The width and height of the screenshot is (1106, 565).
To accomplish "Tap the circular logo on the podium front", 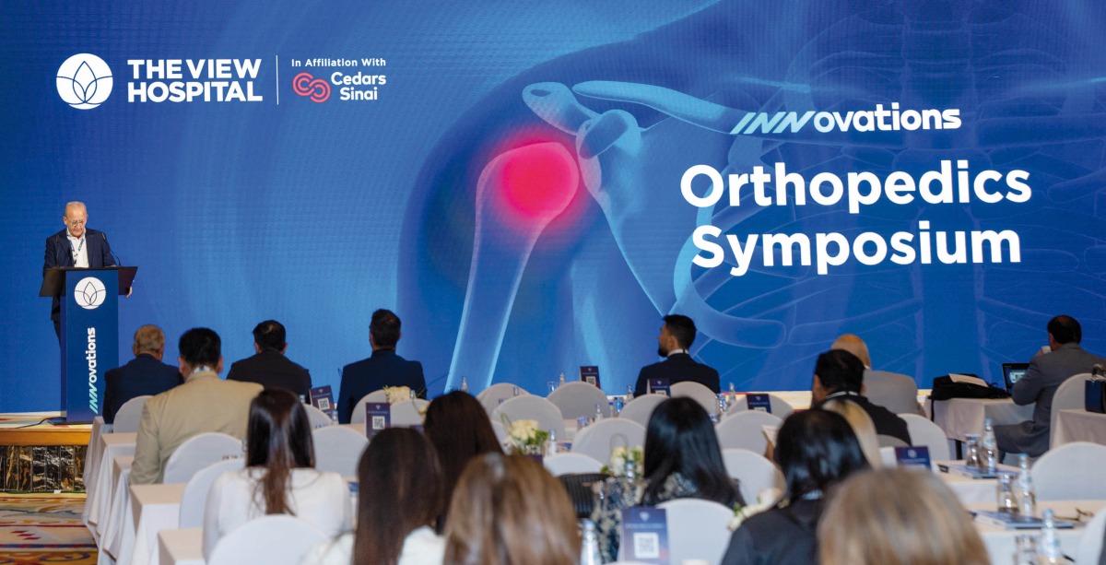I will (x=89, y=292).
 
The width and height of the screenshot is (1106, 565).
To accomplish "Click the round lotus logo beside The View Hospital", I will (x=84, y=81).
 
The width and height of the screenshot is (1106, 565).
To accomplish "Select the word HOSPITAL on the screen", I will (x=194, y=92).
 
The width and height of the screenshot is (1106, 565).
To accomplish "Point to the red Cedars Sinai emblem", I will (x=311, y=87).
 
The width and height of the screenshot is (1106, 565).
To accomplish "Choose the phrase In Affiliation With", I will (x=338, y=63).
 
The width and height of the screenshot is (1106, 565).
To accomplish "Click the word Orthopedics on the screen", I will (x=854, y=185).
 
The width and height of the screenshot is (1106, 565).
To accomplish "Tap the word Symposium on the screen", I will (x=855, y=246).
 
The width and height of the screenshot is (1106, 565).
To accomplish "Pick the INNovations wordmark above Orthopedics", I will (x=845, y=119).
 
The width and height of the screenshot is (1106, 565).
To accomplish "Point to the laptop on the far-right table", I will (x=1015, y=373).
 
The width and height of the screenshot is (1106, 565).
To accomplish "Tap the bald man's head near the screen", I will (x=849, y=347).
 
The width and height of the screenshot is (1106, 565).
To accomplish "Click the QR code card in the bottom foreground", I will (x=643, y=536).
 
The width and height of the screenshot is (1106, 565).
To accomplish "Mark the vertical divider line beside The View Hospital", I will (x=277, y=80).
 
